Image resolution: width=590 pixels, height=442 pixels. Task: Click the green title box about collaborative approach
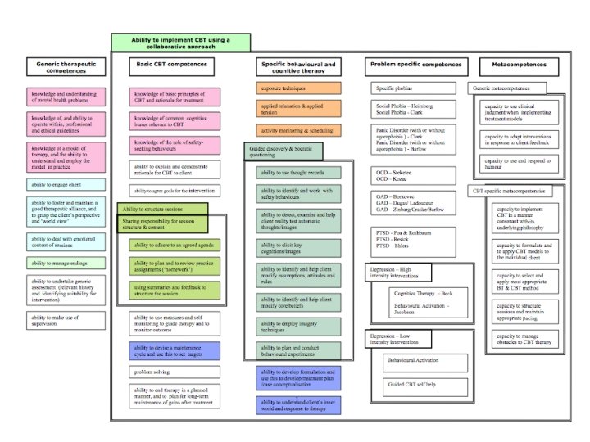tap(180, 43)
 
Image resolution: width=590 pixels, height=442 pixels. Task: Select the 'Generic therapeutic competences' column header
tap(66, 67)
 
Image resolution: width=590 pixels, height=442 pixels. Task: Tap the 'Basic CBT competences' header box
tap(173, 64)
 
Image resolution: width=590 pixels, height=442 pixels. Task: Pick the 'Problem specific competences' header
tap(415, 64)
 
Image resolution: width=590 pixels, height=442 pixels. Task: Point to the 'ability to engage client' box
tap(66, 185)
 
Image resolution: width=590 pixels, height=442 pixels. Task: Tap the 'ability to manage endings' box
tap(66, 263)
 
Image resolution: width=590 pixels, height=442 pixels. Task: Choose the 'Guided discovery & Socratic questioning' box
tap(283, 151)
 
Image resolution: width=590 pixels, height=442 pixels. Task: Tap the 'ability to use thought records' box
tap(300, 173)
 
